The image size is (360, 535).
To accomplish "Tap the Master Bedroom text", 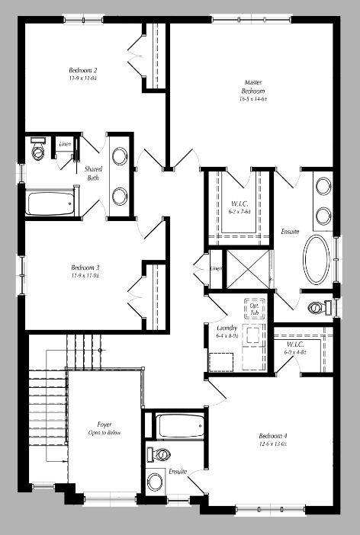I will click(x=254, y=86).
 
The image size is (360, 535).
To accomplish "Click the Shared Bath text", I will click(x=93, y=174).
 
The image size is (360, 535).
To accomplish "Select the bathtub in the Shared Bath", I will click(x=50, y=203).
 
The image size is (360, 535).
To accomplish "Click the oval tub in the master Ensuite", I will click(x=315, y=260).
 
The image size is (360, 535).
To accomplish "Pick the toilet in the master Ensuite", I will click(x=317, y=309).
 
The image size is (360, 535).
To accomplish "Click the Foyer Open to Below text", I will click(x=104, y=429).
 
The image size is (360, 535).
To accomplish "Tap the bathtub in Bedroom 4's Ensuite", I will click(x=180, y=425).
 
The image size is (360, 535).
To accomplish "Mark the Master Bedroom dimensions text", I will click(x=254, y=98).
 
